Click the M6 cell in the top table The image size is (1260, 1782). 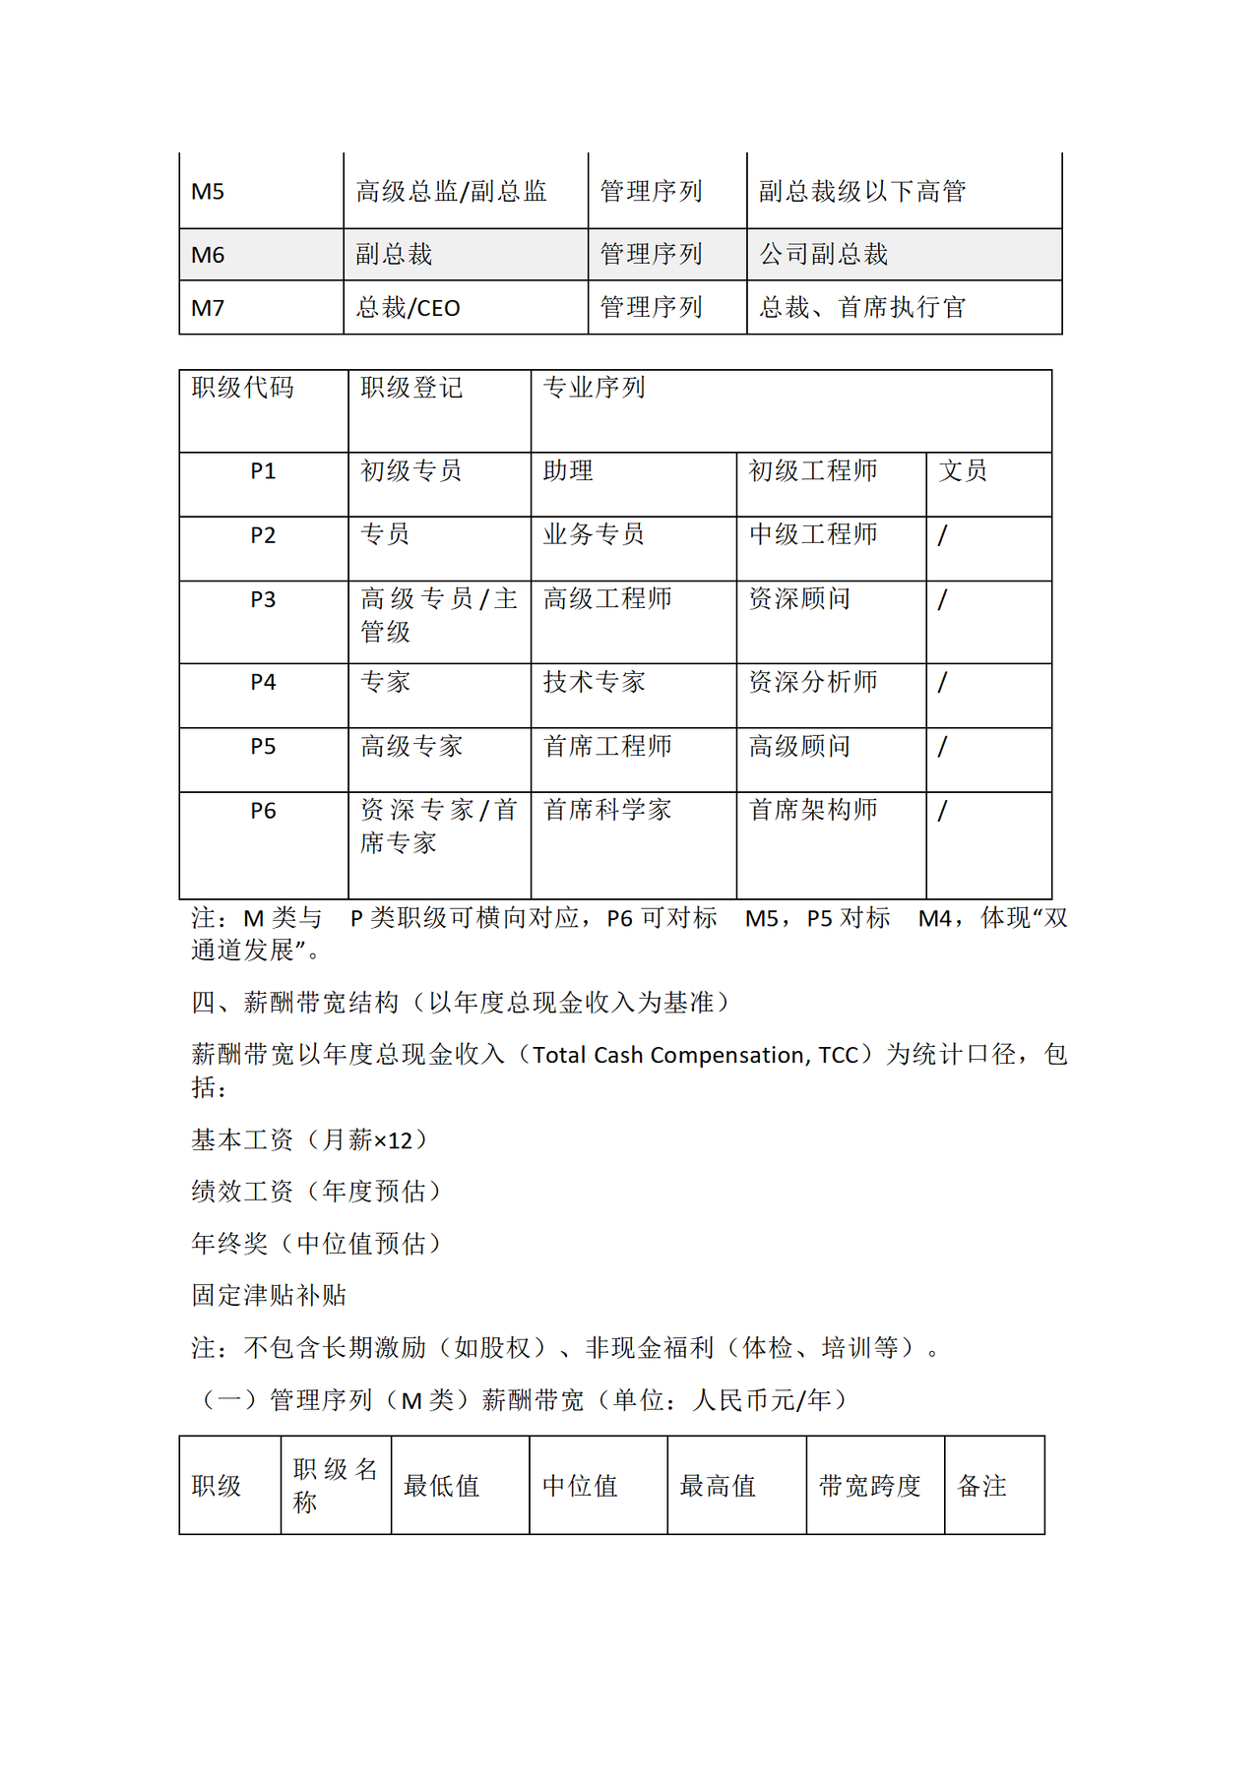[x=208, y=255]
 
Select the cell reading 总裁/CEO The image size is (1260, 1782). [x=408, y=308]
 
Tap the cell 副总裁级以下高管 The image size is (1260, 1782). [x=861, y=191]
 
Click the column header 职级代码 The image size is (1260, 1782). [x=242, y=388]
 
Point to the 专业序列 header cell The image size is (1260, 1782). [x=594, y=388]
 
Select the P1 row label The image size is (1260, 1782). [x=263, y=471]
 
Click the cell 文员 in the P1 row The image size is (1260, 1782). [x=962, y=471]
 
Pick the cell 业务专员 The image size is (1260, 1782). [x=594, y=534]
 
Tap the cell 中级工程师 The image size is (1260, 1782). [x=813, y=534]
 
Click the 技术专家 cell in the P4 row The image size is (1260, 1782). [x=594, y=682]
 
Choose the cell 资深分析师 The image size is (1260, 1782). [x=813, y=682]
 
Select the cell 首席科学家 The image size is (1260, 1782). [x=607, y=810]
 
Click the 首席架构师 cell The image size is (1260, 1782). [x=813, y=810]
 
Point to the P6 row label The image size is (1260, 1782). [x=263, y=811]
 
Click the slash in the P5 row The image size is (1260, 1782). [x=942, y=747]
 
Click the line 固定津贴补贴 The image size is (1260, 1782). [x=269, y=1295]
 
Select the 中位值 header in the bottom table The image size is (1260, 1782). [x=580, y=1486]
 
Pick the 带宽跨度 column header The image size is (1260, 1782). [x=869, y=1486]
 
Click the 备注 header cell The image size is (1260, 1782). [x=981, y=1486]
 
